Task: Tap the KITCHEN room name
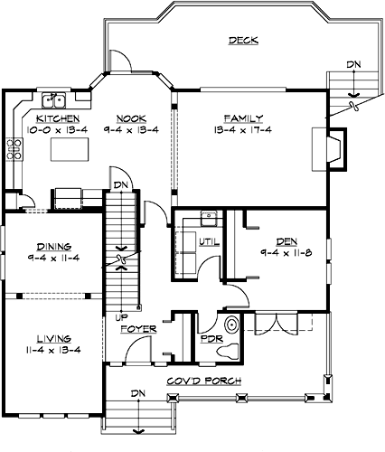(x=58, y=118)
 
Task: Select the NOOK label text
(x=132, y=118)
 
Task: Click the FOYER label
(x=141, y=330)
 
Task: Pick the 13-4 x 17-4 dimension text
(x=244, y=129)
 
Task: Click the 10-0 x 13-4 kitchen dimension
(x=58, y=129)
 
